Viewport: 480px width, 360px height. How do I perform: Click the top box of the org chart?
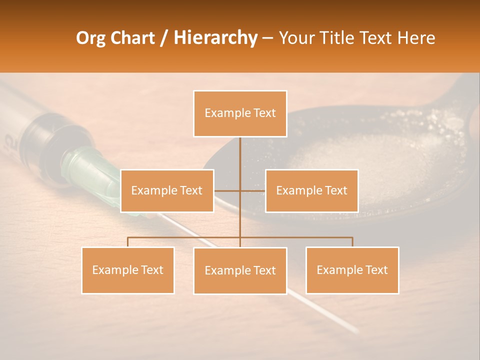240,113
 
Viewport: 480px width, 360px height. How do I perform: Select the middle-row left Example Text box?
167,190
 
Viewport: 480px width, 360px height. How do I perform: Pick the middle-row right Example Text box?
311,190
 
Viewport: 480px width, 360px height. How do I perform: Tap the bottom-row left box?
128,270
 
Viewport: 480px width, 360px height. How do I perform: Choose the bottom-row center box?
240,270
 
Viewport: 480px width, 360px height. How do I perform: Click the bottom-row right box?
352,270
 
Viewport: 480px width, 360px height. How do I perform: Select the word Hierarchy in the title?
215,38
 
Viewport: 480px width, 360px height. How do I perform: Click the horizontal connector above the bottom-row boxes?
300,237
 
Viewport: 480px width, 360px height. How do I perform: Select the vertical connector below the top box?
240,155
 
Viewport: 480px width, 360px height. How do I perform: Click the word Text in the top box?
264,113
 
